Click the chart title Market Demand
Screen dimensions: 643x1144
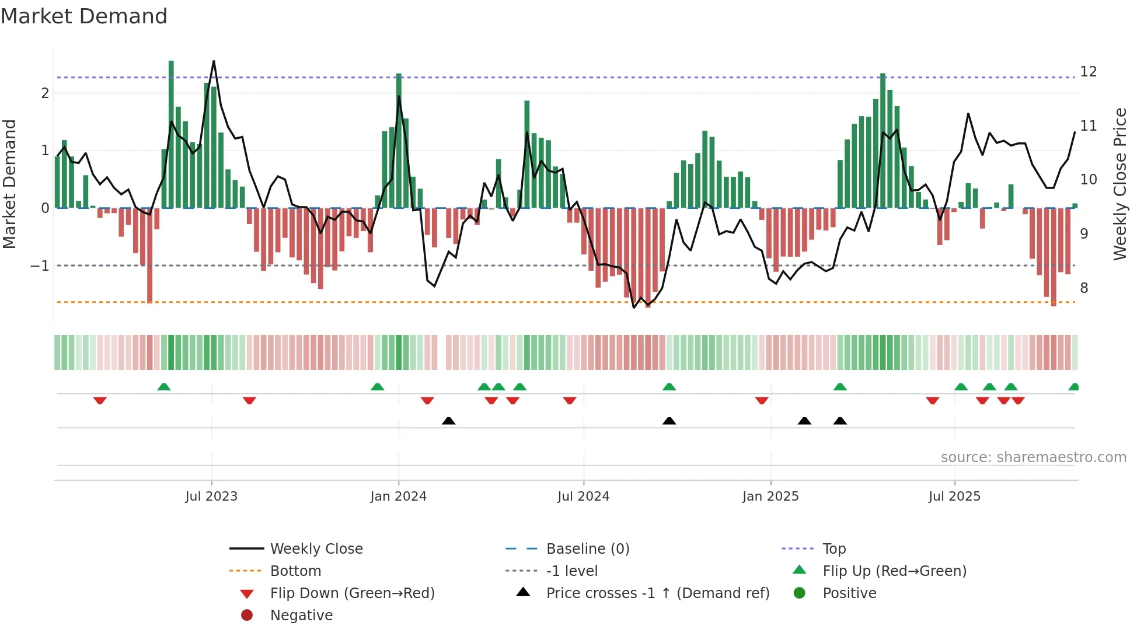coord(84,16)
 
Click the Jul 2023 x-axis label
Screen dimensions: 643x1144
coord(211,497)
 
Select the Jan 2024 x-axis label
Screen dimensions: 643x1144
coord(398,497)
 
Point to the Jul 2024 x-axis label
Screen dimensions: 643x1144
coord(583,497)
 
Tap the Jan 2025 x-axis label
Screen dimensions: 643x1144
coord(770,497)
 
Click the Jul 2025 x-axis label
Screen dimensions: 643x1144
coord(954,497)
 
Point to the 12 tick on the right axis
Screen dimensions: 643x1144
coord(1088,72)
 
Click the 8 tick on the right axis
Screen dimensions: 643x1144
coord(1084,288)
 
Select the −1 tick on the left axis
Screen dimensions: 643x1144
coord(40,265)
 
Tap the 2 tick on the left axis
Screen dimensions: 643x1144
coord(45,93)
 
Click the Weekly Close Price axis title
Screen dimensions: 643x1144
coord(1119,184)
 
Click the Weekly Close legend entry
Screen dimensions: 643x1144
coord(316,548)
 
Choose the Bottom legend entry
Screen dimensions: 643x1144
coord(295,571)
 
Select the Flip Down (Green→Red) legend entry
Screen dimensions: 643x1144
coord(352,593)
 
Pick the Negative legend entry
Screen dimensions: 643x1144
coord(301,615)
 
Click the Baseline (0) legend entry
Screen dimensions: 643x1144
coord(587,548)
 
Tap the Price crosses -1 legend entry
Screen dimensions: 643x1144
coord(657,593)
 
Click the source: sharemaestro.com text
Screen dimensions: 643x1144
coord(1033,457)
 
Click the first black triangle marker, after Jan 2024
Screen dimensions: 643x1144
coord(448,421)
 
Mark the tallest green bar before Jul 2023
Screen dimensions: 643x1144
coord(171,134)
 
